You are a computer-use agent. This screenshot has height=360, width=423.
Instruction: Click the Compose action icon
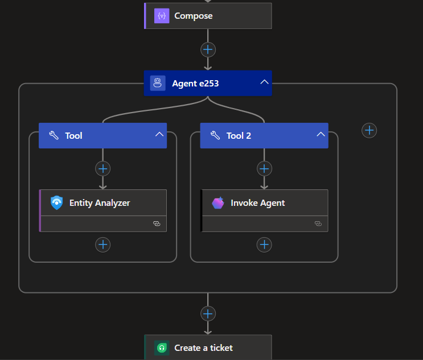(x=162, y=16)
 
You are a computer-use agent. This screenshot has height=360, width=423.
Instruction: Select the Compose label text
(x=194, y=16)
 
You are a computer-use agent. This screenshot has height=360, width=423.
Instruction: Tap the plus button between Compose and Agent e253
(x=208, y=49)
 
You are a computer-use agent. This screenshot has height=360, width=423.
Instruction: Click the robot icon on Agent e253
(x=158, y=83)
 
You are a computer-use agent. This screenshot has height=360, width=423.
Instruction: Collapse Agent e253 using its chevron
(x=264, y=82)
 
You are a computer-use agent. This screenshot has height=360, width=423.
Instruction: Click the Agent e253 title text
(x=195, y=84)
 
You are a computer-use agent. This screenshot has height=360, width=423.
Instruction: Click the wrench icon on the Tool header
(x=54, y=135)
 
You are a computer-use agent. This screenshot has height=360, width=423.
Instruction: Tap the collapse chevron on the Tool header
(x=159, y=134)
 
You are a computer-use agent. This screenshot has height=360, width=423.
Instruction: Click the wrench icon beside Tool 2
(x=215, y=135)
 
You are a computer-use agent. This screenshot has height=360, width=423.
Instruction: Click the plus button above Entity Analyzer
(x=103, y=169)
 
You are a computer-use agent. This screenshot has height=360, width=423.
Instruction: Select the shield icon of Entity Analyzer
(x=57, y=202)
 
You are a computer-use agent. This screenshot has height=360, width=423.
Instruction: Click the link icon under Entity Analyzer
(x=157, y=224)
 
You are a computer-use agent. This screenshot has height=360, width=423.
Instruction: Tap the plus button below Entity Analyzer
(x=103, y=245)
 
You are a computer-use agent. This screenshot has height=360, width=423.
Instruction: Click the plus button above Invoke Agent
(x=264, y=169)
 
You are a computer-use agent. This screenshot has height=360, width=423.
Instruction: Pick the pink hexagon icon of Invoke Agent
(x=218, y=203)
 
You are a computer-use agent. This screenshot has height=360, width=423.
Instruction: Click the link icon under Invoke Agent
(x=318, y=224)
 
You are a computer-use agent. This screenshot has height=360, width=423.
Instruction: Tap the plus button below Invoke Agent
(x=264, y=245)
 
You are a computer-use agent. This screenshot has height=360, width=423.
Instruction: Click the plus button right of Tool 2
(x=369, y=130)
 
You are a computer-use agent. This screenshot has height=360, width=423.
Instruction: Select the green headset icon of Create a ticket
(x=162, y=348)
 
